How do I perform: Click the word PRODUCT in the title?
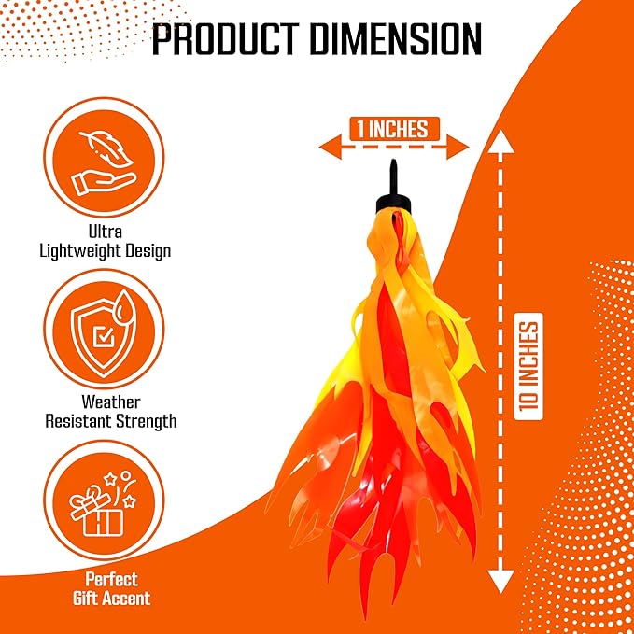226,39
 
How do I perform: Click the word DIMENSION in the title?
396,39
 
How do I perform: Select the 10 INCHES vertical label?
528,366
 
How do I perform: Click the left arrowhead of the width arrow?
330,147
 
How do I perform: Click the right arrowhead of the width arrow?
458,147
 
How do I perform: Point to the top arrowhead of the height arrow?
500,142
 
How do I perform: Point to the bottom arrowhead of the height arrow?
500,582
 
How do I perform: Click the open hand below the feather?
103,182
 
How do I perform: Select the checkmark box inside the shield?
104,336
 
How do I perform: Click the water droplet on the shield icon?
124,307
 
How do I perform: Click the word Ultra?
106,232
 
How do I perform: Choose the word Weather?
111,402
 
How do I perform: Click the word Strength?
146,421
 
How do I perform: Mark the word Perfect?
111,580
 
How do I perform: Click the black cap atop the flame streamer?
393,204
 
